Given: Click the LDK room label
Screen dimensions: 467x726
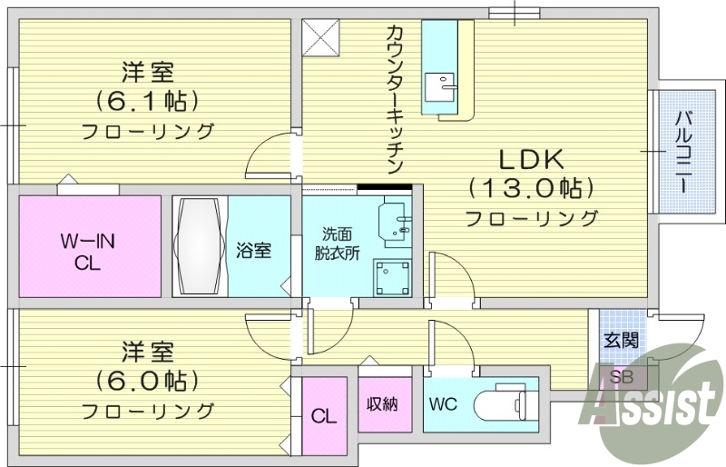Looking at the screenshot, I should pyautogui.click(x=532, y=159).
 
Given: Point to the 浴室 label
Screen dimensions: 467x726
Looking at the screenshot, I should pyautogui.click(x=254, y=250).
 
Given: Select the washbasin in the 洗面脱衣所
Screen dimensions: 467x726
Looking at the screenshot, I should pyautogui.click(x=396, y=221).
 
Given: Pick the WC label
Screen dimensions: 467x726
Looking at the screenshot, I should pyautogui.click(x=444, y=402).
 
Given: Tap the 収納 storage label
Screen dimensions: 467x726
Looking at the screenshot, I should pyautogui.click(x=382, y=403).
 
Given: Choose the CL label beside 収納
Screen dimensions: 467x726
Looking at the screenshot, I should pyautogui.click(x=323, y=417).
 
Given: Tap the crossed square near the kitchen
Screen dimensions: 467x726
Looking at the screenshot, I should pyautogui.click(x=321, y=36).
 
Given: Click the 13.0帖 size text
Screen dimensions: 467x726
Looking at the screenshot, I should pyautogui.click(x=532, y=188).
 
